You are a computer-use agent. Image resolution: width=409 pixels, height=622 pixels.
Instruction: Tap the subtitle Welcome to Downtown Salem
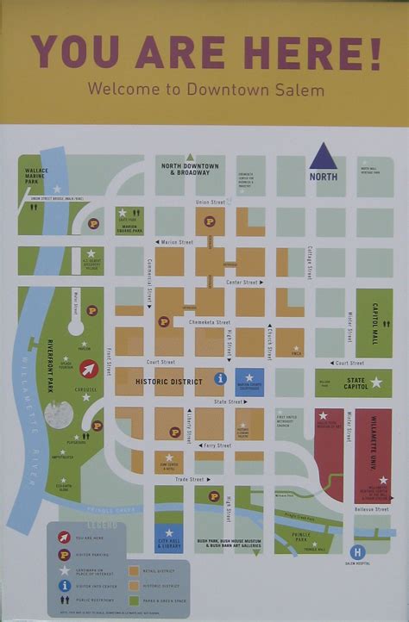pos(205,89)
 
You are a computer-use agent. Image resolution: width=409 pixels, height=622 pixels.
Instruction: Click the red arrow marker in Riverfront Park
pos(89,369)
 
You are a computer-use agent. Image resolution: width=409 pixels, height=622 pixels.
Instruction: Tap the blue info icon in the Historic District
pos(221,378)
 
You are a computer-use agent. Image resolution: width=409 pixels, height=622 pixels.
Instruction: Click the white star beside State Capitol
pos(376,382)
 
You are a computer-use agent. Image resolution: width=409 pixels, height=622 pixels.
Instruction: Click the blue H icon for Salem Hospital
pos(358,551)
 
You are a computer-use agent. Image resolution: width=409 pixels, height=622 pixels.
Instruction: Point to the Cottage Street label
pos(309,262)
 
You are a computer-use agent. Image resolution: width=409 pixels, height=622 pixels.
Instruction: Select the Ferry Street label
pos(217,445)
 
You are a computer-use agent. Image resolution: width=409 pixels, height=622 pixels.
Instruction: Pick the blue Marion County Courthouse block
pos(249,382)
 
